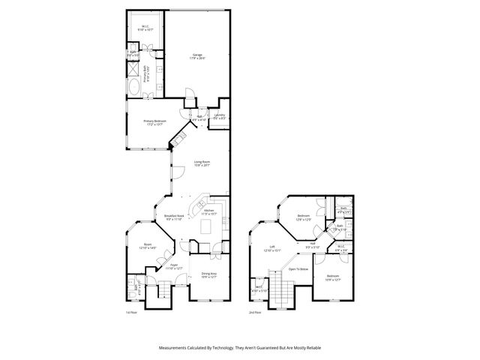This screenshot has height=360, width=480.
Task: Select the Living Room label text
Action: [202, 163]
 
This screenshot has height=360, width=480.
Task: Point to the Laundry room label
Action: [218, 116]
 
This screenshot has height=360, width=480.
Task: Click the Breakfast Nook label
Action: [175, 217]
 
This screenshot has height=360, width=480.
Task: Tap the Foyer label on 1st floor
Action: [173, 266]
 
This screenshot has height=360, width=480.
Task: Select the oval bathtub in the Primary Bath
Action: [133, 88]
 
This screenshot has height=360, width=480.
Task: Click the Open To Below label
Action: [299, 268]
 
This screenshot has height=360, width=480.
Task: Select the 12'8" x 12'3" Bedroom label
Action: [302, 218]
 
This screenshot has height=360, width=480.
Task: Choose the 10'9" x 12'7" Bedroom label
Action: [333, 279]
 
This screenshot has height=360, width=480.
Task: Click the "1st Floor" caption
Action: [131, 312]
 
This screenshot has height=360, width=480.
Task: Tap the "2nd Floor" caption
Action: [256, 312]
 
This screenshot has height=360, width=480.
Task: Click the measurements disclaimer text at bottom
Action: [239, 347]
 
